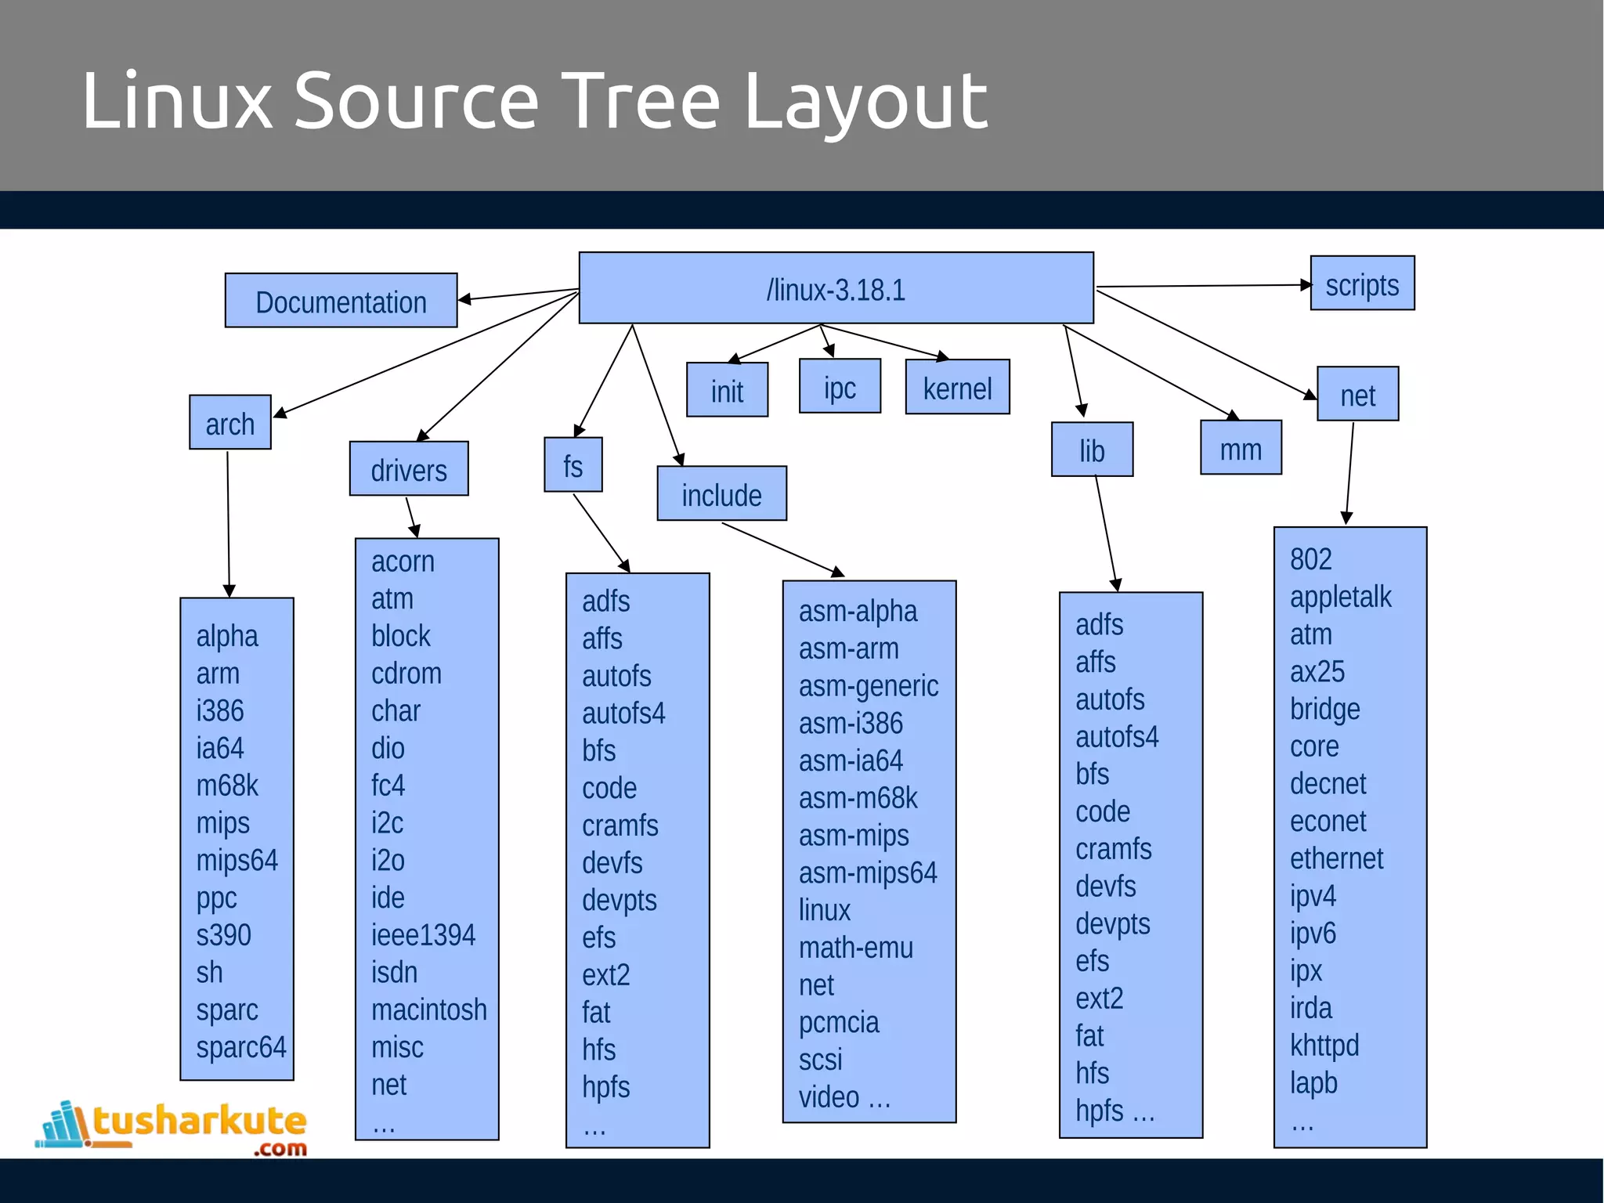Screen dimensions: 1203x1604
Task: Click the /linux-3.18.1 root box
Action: pos(836,288)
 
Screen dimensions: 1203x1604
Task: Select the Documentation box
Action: pos(341,301)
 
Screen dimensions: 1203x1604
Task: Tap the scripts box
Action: pos(1362,284)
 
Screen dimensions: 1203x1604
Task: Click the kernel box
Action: pos(957,388)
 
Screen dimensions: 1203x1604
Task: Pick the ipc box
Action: pos(840,387)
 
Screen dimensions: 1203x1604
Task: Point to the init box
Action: pos(727,390)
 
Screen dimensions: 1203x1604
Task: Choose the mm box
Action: pos(1241,448)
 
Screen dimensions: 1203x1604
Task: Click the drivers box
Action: pos(409,469)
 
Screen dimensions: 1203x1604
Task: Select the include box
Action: pos(721,494)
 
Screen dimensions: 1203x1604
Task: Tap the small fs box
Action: pos(573,465)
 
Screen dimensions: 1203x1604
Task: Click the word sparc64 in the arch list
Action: pos(240,1047)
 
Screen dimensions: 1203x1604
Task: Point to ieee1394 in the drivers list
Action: pos(423,934)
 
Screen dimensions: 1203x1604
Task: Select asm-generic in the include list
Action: pos(868,686)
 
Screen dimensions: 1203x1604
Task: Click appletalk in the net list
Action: pos(1340,597)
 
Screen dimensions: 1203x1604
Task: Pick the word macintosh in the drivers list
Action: pos(428,1010)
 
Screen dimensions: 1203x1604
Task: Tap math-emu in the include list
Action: pos(855,948)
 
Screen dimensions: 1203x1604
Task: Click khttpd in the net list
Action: pos(1324,1046)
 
